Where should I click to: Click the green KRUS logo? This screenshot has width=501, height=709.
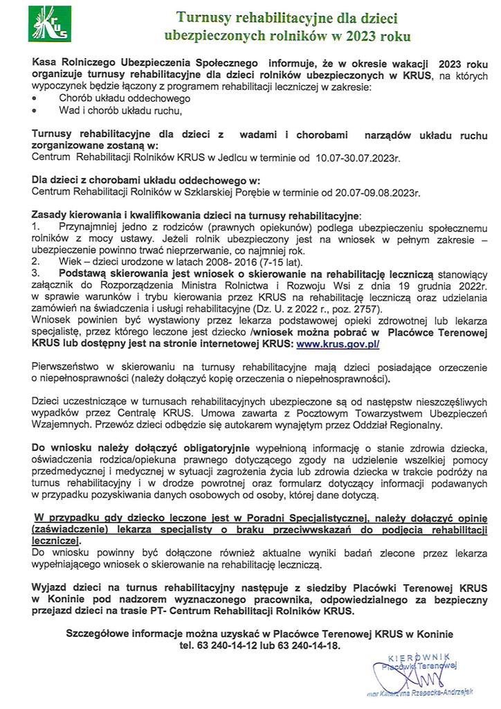[47, 24]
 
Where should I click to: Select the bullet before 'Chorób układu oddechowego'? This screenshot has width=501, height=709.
[35, 99]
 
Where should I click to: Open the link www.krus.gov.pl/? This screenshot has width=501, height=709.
[337, 343]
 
